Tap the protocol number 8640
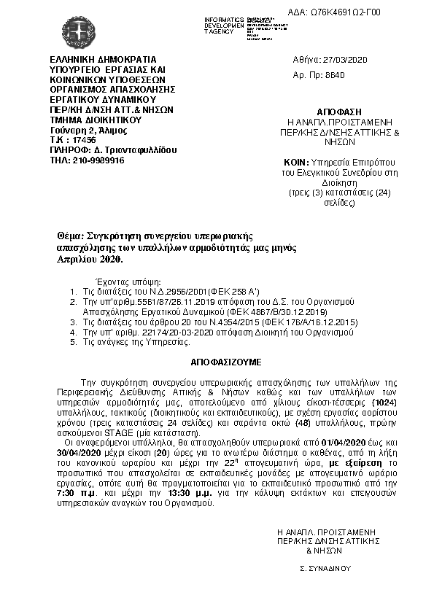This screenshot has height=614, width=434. [x=334, y=75]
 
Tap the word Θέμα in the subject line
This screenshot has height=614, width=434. [x=71, y=237]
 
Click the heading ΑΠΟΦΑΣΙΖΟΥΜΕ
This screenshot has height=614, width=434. [x=217, y=361]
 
